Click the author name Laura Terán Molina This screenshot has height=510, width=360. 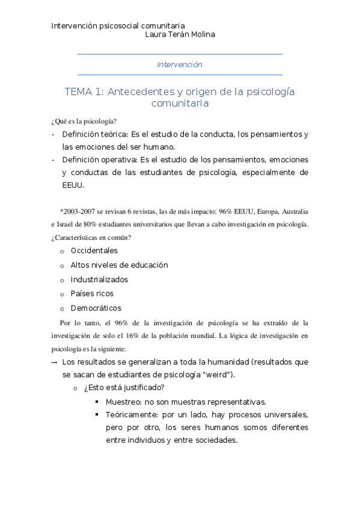pyautogui.click(x=180, y=35)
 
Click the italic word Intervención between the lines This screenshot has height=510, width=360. pyautogui.click(x=180, y=64)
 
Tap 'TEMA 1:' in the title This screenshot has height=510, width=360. pyautogui.click(x=84, y=91)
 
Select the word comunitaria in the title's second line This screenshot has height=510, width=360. pyautogui.click(x=180, y=103)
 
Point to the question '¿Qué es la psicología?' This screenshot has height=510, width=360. pyautogui.click(x=84, y=121)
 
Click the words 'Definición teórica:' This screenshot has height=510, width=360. pyautogui.click(x=95, y=134)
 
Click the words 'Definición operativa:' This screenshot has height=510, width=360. pyautogui.click(x=99, y=159)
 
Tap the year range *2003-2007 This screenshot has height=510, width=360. pyautogui.click(x=79, y=212)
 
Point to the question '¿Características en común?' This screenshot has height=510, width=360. pyautogui.click(x=91, y=237)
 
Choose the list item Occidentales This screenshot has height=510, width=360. pyautogui.click(x=94, y=250)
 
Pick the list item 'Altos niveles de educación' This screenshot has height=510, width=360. pyautogui.click(x=119, y=265)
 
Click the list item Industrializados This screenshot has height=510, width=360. pyautogui.click(x=99, y=279)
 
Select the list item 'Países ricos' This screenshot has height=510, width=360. pyautogui.click(x=92, y=293)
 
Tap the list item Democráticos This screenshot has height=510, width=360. pyautogui.click(x=96, y=308)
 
